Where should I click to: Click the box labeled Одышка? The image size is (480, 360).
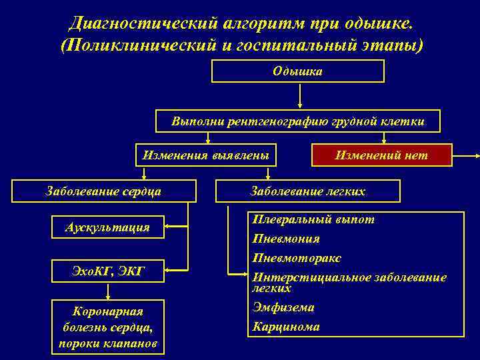[x=297, y=71]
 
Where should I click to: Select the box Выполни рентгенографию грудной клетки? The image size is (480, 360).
[x=297, y=121]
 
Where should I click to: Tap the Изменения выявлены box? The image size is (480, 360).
[x=206, y=155]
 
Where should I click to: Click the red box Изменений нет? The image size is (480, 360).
[x=381, y=155]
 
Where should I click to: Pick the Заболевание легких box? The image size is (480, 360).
[x=307, y=191]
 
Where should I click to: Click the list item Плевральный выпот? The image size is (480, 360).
[x=312, y=219]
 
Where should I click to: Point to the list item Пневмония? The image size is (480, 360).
[x=285, y=239]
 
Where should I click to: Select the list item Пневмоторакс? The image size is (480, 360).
[x=296, y=258]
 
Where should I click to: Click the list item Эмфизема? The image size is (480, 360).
[x=283, y=307]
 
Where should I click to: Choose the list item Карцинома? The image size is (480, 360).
[x=285, y=327]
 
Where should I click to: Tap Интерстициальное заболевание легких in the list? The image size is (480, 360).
[x=349, y=281]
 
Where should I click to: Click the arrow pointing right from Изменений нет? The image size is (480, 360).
[x=467, y=156]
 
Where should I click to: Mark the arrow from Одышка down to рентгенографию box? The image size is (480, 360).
[x=301, y=95]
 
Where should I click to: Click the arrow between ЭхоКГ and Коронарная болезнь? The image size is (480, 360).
[x=107, y=292]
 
